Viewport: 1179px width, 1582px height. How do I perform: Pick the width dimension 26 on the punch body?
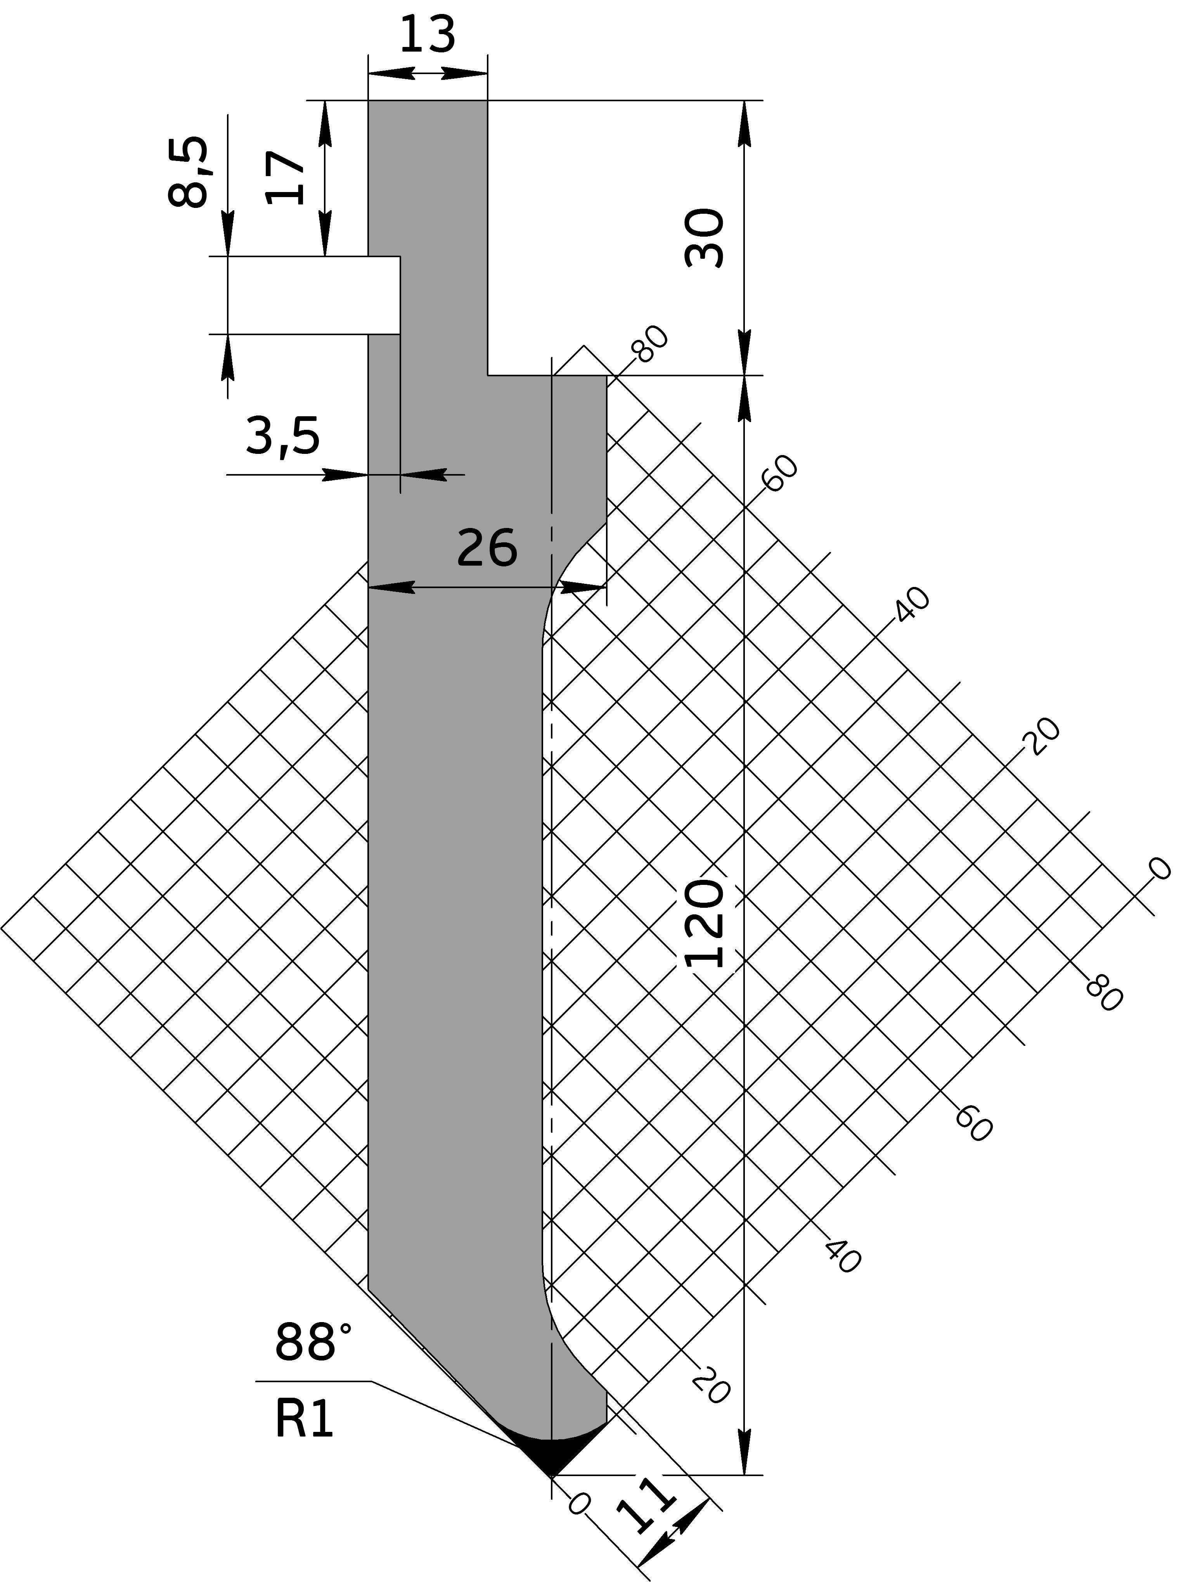point(487,548)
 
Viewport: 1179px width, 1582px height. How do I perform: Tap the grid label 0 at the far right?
point(1158,869)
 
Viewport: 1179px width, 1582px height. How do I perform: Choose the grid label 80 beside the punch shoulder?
point(650,343)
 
